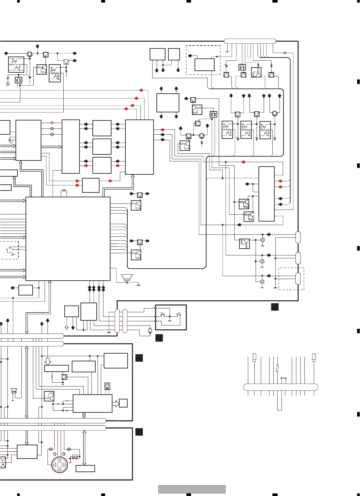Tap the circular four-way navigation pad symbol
pyautogui.click(x=60, y=465)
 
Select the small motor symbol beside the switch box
pyautogui.click(x=150, y=331)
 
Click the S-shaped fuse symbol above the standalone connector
pyautogui.click(x=277, y=368)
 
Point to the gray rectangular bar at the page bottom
pyautogui.click(x=192, y=489)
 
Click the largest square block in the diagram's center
pyautogui.click(x=68, y=239)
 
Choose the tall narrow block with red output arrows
pyautogui.click(x=267, y=194)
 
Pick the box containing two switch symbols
pyautogui.click(x=171, y=317)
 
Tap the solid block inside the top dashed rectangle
pyautogui.click(x=204, y=65)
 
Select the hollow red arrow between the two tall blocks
pyautogui.click(x=52, y=123)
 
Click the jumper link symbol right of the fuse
pyautogui.click(x=284, y=378)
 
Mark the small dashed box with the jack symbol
pyautogui.click(x=9, y=250)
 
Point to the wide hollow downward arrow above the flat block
pyautogui.click(x=48, y=361)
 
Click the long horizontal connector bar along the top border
pyautogui.click(x=250, y=41)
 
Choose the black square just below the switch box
pyautogui.click(x=159, y=338)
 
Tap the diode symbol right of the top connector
pyautogui.click(x=285, y=53)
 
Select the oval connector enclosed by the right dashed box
pyautogui.click(x=298, y=279)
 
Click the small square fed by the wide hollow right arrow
pyautogui.click(x=123, y=403)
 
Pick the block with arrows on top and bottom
pyautogui.click(x=168, y=103)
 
